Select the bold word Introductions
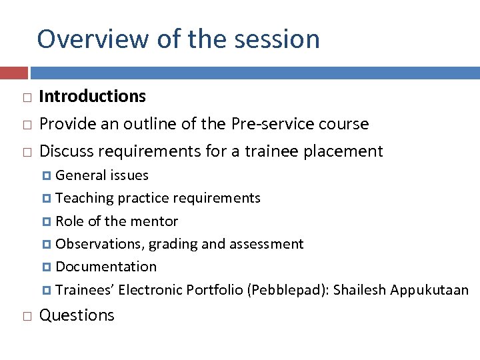(93, 97)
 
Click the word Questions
(77, 315)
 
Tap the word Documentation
(106, 267)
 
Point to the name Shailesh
(360, 290)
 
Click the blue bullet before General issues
(47, 176)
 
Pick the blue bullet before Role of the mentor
(47, 221)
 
